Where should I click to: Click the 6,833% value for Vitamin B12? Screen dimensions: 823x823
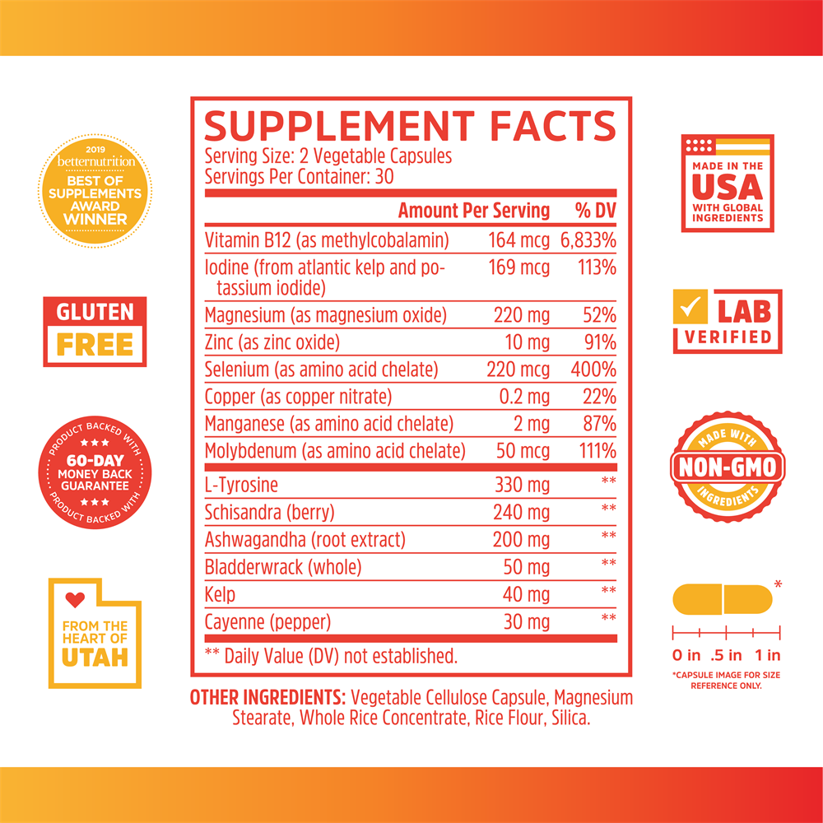pos(588,241)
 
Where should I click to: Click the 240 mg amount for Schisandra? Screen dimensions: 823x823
pos(521,513)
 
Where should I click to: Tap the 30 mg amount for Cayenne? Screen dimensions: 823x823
pos(526,622)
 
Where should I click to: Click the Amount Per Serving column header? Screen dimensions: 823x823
pos(473,211)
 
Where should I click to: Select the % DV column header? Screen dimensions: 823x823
pos(595,211)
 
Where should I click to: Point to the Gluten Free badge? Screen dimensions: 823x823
pos(95,331)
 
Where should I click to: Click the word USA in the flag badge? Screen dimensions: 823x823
pos(728,188)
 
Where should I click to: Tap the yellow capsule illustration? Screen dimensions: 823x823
pos(722,599)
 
